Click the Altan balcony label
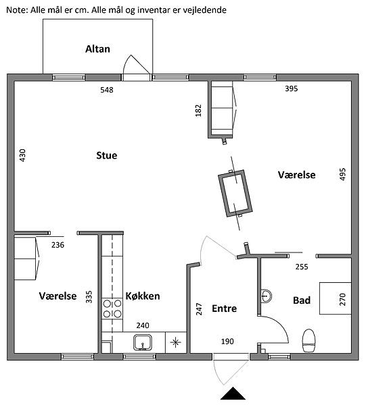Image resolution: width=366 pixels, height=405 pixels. click(97, 49)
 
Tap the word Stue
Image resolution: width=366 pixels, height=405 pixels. click(107, 155)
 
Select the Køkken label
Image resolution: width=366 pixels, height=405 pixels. click(143, 296)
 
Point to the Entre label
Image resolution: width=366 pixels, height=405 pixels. click(224, 308)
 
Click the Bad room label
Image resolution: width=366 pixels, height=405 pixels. click(302, 300)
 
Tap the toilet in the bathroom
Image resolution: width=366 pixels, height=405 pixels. click(309, 340)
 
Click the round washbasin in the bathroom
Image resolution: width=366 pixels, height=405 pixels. click(266, 296)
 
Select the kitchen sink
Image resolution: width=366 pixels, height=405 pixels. click(143, 342)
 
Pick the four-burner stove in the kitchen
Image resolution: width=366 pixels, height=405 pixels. click(112, 308)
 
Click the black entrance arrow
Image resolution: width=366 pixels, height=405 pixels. click(233, 394)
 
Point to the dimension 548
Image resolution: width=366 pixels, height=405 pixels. click(107, 90)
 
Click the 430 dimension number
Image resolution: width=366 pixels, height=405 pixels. click(23, 155)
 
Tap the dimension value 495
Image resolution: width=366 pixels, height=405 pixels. click(342, 174)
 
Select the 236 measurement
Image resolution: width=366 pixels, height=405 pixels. click(58, 245)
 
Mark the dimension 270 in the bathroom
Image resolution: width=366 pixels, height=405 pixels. click(342, 299)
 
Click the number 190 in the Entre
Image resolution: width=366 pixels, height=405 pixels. click(227, 342)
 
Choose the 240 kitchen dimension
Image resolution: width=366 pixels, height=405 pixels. click(143, 325)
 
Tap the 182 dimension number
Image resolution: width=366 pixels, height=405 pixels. click(198, 111)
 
